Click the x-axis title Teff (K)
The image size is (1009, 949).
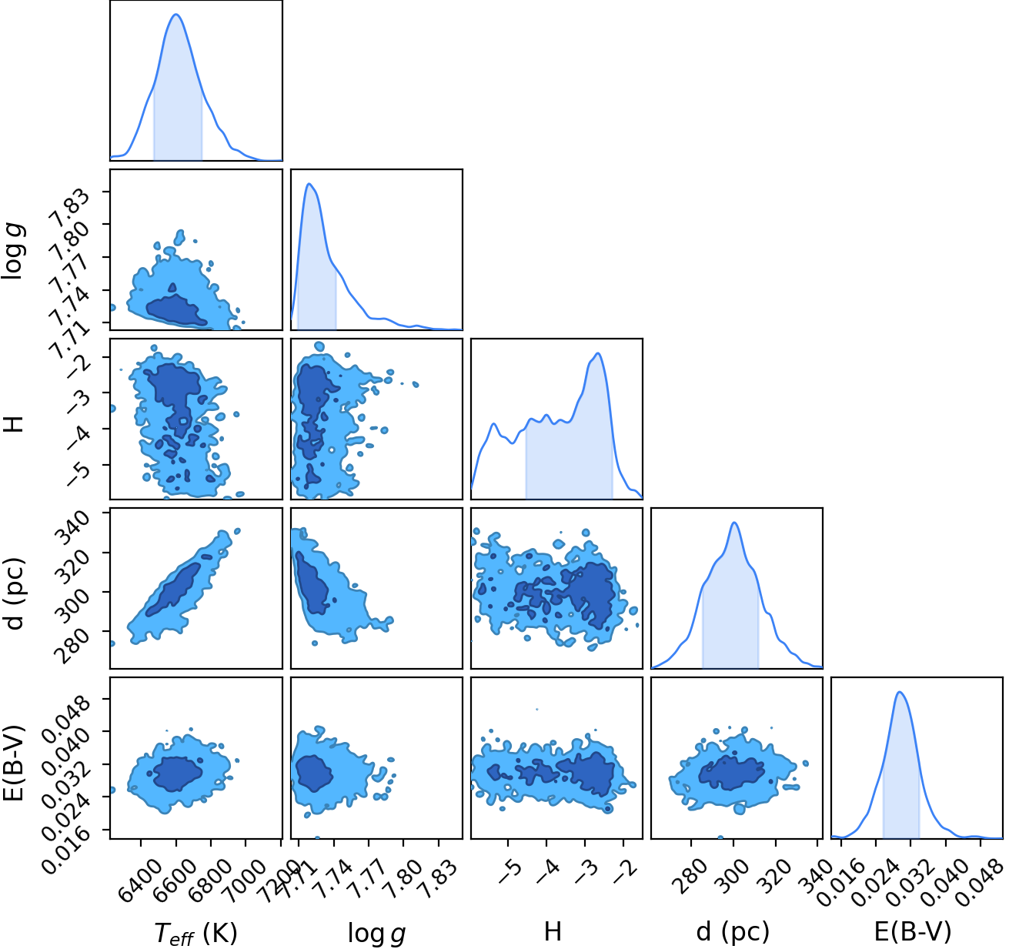(x=196, y=932)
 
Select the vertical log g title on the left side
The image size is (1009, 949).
(x=14, y=252)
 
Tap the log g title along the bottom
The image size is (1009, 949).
(x=376, y=933)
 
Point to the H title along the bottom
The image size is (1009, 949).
(x=553, y=932)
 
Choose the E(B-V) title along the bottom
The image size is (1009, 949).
(x=913, y=932)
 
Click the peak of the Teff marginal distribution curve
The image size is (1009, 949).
(x=176, y=14)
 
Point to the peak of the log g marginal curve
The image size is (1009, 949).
(x=309, y=183)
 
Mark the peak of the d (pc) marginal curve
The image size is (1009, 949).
(x=734, y=523)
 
